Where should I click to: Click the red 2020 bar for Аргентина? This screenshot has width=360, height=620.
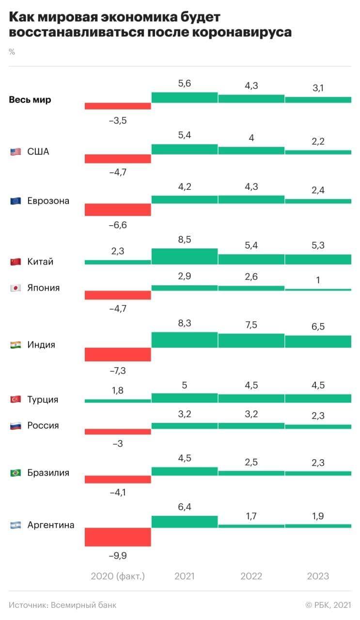click(x=118, y=537)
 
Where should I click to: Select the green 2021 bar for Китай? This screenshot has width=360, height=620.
click(x=185, y=256)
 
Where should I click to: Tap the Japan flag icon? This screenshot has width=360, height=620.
click(x=16, y=288)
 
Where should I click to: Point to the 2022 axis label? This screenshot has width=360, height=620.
click(x=251, y=576)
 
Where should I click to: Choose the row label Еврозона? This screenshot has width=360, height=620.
click(x=48, y=201)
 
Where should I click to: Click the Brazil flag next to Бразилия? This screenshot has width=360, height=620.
click(x=16, y=473)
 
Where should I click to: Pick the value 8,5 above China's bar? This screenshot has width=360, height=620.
click(x=185, y=239)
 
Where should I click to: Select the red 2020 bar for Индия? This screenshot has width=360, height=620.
click(x=118, y=355)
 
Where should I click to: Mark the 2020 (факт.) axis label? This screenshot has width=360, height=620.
click(x=118, y=576)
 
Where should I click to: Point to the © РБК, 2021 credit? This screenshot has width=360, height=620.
click(x=328, y=605)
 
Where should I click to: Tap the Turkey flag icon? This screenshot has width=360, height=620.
click(x=16, y=400)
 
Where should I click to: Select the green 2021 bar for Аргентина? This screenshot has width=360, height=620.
click(x=185, y=522)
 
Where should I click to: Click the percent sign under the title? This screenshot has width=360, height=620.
click(x=12, y=52)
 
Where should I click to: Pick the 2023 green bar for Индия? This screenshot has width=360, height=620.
click(x=318, y=341)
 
